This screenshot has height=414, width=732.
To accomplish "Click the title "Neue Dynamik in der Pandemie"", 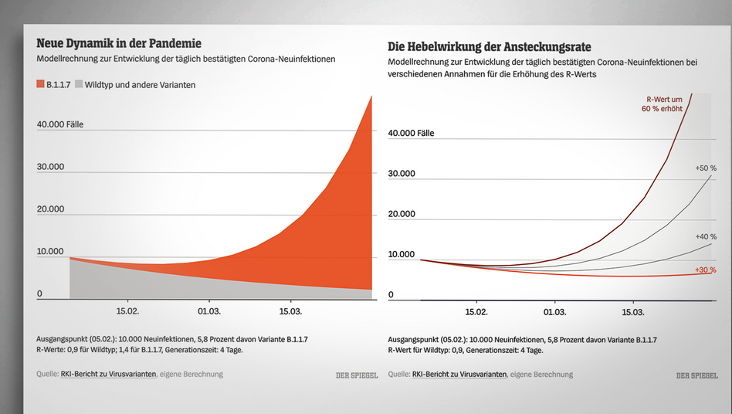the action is click(x=119, y=43).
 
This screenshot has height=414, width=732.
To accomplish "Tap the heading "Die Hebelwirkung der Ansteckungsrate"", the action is click(x=490, y=46).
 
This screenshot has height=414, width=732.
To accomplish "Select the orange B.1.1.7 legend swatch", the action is click(x=40, y=84).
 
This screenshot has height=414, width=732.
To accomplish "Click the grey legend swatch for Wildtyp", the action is click(x=79, y=84).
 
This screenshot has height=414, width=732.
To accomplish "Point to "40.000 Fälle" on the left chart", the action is click(x=60, y=124).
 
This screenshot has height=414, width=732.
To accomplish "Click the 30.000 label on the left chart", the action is click(x=50, y=167).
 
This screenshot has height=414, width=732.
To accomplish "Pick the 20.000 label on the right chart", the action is click(x=402, y=214).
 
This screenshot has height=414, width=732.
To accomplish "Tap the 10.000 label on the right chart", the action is click(x=402, y=254).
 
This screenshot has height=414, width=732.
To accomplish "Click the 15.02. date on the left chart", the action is click(x=127, y=310).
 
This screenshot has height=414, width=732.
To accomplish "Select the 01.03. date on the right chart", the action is click(x=554, y=312).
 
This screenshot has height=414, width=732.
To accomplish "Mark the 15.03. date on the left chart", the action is click(x=290, y=310).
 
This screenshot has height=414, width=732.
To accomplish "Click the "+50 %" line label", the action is click(x=706, y=168).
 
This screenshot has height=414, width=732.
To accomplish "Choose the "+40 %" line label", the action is click(x=706, y=236).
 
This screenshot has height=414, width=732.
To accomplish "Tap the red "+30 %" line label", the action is click(x=706, y=270).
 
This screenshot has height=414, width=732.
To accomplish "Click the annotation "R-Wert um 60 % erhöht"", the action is click(x=662, y=104).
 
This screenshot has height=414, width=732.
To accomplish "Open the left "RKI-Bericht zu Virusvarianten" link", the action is click(x=108, y=374).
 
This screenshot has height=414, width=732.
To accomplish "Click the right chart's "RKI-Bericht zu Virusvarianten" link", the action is click(x=459, y=375).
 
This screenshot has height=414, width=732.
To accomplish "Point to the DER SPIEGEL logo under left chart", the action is click(x=357, y=375).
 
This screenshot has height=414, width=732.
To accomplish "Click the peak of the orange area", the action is click(x=371, y=96).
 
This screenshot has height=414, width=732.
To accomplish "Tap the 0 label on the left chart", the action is click(x=39, y=294).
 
